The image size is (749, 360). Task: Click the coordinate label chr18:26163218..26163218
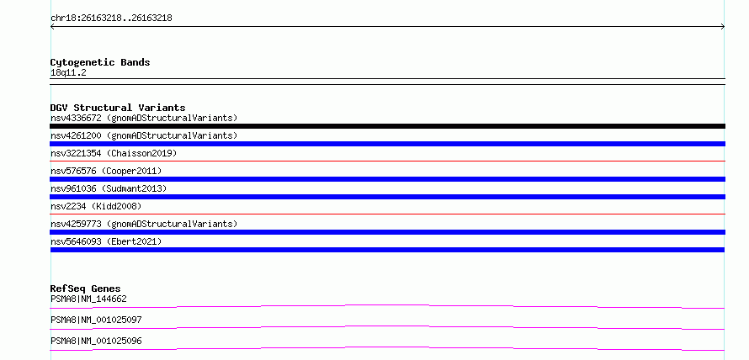[111, 19]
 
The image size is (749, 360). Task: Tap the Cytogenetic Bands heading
[100, 62]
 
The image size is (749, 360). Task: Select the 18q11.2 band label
[68, 73]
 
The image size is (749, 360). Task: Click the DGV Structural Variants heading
[118, 108]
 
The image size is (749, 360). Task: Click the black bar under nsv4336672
[387, 126]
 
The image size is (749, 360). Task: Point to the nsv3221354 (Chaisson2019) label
[114, 153]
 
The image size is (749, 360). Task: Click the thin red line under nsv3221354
[387, 161]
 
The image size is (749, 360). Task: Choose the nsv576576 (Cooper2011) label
[106, 171]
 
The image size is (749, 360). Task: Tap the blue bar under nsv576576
[387, 179]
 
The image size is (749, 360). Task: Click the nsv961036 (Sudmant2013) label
[109, 188]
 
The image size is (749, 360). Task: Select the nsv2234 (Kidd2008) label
[96, 206]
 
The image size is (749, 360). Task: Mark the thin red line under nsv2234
[387, 214]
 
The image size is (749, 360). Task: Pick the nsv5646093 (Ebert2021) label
[106, 241]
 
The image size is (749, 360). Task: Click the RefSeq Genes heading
[86, 289]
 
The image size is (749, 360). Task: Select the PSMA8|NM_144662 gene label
[88, 299]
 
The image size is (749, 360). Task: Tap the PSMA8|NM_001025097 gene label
[96, 320]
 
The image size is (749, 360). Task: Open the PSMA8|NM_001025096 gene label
[96, 341]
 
